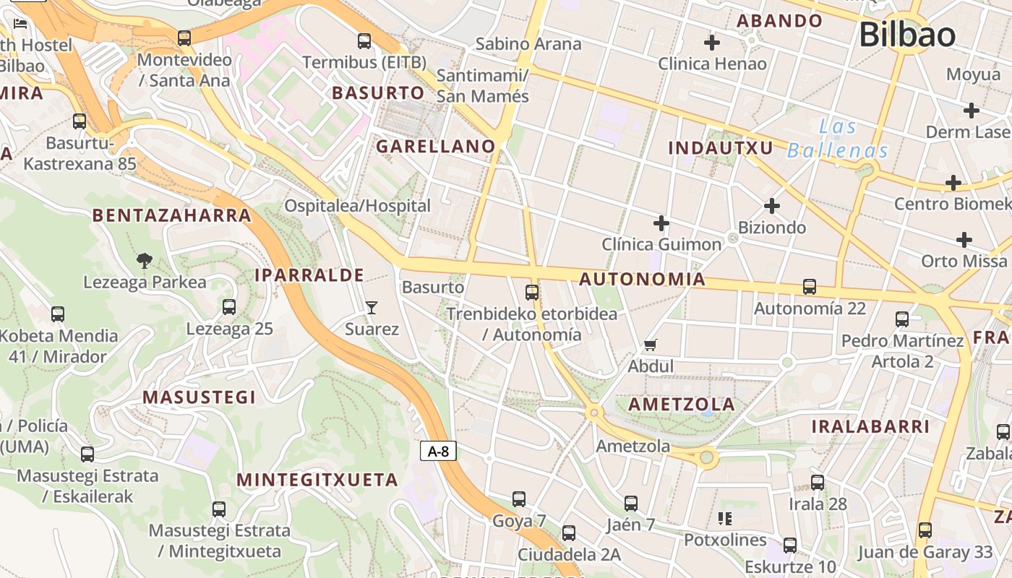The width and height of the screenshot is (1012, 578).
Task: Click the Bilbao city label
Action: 907,35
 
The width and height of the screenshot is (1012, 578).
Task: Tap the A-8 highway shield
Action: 438,452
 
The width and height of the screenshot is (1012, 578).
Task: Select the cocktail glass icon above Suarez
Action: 372,308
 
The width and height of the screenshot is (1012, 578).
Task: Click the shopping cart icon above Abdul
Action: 650,345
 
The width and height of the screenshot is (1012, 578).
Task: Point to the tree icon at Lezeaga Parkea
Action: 145,261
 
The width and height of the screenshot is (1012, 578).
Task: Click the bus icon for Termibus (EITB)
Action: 364,41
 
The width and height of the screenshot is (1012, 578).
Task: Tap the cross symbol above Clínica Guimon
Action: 661,223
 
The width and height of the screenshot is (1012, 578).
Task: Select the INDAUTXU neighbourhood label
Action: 720,148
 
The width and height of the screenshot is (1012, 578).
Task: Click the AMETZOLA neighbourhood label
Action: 681,404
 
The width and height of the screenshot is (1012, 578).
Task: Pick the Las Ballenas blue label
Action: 838,139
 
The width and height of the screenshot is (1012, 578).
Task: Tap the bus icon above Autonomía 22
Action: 810,287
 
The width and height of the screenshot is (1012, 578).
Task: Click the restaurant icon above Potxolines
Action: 724,518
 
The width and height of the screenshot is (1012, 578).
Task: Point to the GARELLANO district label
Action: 436,146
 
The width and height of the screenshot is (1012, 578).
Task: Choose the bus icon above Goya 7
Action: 519,499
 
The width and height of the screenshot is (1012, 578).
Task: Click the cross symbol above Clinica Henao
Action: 712,43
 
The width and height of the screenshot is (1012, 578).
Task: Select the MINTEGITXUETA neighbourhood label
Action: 317,480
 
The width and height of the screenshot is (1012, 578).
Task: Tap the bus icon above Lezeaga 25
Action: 229,307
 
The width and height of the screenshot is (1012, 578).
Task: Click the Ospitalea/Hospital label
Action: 357,206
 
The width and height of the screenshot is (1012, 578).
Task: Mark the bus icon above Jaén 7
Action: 631,504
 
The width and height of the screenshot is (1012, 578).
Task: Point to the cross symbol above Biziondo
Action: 772,206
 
